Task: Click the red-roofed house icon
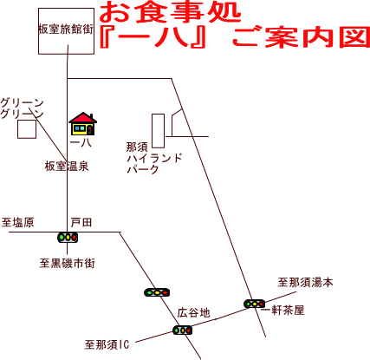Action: coord(83,124)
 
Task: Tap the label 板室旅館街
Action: coord(66,29)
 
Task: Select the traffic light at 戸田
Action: coord(68,237)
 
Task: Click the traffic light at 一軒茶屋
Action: coord(255,304)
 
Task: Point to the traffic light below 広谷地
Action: coord(182,330)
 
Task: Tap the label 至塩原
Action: coord(17,223)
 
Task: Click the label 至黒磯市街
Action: coord(68,264)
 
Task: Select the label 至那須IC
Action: coord(107,344)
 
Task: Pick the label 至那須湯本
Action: coord(305,282)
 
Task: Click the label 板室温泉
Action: coord(67,167)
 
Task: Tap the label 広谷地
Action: coord(193,313)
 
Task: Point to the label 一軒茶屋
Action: coord(282,311)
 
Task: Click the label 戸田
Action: coord(81,223)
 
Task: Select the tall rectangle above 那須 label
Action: coord(159,131)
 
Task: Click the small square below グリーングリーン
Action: coord(27,129)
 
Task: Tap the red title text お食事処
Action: coord(170,12)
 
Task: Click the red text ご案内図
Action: coord(301,37)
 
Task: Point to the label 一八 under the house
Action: coord(81,142)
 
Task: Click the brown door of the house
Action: coord(90,130)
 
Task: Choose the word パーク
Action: coord(143,169)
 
